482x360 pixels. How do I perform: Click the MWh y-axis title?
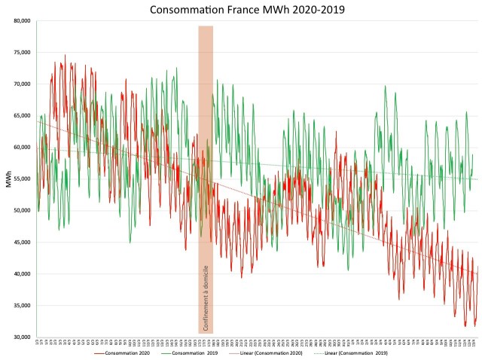[7, 179]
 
